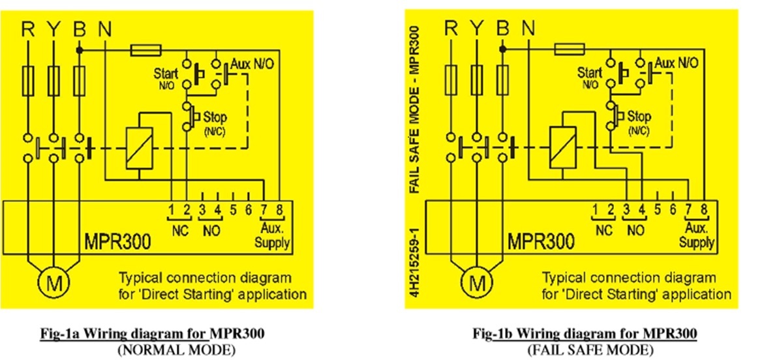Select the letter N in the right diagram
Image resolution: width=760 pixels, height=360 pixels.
click(528, 29)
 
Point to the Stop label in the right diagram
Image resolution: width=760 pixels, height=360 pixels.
click(639, 117)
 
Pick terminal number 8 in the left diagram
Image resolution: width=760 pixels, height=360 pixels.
click(279, 210)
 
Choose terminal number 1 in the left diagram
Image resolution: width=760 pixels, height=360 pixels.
click(170, 210)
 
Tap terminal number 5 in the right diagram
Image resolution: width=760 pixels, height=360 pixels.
click(656, 210)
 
